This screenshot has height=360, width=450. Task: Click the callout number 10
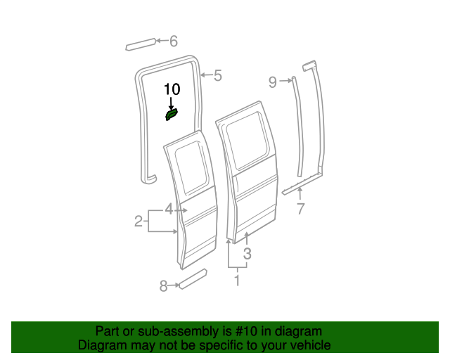click(172, 89)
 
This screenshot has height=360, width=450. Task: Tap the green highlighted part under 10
click(172, 114)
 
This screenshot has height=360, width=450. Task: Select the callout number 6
click(174, 41)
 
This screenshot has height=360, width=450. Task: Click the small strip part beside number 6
click(139, 45)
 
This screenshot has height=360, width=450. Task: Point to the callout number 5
click(217, 75)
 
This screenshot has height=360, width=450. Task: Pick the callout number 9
click(273, 82)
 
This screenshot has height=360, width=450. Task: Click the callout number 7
click(300, 208)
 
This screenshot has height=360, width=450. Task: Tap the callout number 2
click(139, 222)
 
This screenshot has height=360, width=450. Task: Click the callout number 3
click(247, 254)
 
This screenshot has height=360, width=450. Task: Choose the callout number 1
click(237, 281)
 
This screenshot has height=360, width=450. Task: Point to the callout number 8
click(163, 285)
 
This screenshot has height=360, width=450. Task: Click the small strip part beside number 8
click(191, 278)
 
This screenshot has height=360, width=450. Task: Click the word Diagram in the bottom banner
click(100, 345)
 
